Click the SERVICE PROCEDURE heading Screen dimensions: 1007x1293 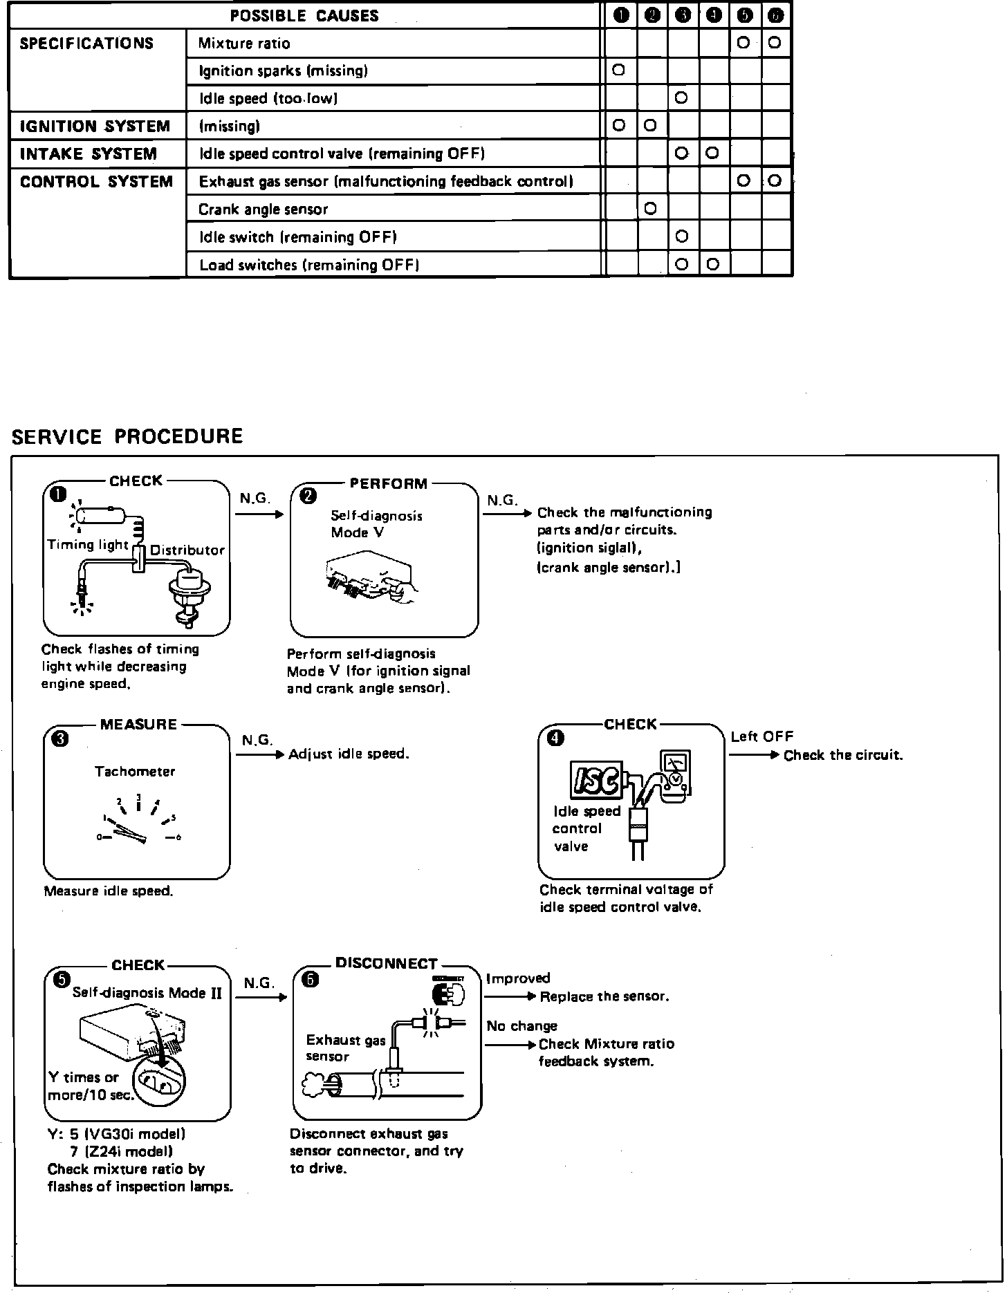click(128, 436)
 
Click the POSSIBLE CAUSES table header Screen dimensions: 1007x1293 click(304, 15)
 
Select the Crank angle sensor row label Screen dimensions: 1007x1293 click(263, 210)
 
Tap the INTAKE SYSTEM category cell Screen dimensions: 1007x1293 click(89, 154)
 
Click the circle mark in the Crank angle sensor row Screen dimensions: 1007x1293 click(650, 208)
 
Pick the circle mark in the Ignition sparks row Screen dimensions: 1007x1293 click(619, 70)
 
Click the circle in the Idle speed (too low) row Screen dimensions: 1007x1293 click(681, 97)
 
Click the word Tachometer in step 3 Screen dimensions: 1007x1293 click(135, 772)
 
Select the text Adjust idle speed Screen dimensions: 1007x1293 click(349, 754)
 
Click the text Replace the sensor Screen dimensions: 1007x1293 click(604, 996)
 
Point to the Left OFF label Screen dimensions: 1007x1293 click(762, 737)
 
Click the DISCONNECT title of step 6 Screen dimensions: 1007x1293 click(387, 963)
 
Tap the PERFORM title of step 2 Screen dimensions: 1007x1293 click(389, 483)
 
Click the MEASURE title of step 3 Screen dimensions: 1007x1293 click(138, 724)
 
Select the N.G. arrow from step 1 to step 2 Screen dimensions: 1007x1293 click(259, 514)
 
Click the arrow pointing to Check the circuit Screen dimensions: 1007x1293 click(755, 755)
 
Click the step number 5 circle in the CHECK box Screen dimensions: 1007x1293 click(62, 979)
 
